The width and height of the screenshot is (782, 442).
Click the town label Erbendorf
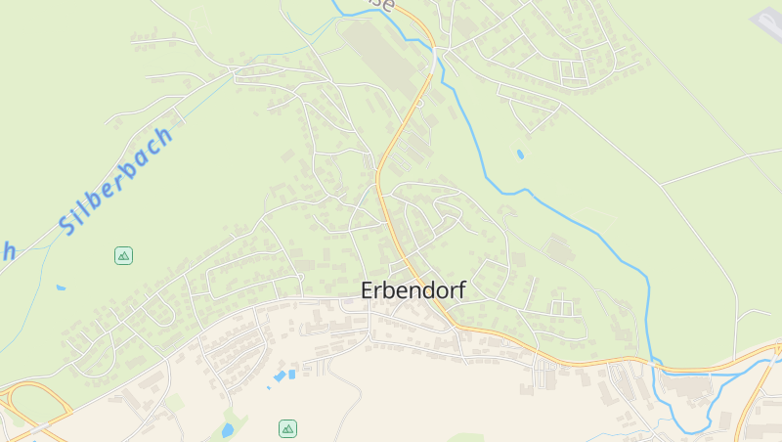(x=413, y=290)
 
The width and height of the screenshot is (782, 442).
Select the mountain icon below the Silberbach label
(x=123, y=256)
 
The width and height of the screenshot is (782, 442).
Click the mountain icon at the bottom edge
(x=287, y=428)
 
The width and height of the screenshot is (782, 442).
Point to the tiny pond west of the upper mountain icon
(x=61, y=287)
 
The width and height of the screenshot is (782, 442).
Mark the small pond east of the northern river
(x=520, y=154)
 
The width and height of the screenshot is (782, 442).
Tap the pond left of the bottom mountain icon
(x=228, y=429)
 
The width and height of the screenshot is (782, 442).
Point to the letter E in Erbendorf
(x=368, y=290)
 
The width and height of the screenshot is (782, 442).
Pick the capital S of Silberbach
(x=67, y=225)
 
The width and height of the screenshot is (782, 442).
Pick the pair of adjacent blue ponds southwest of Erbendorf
(x=285, y=374)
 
